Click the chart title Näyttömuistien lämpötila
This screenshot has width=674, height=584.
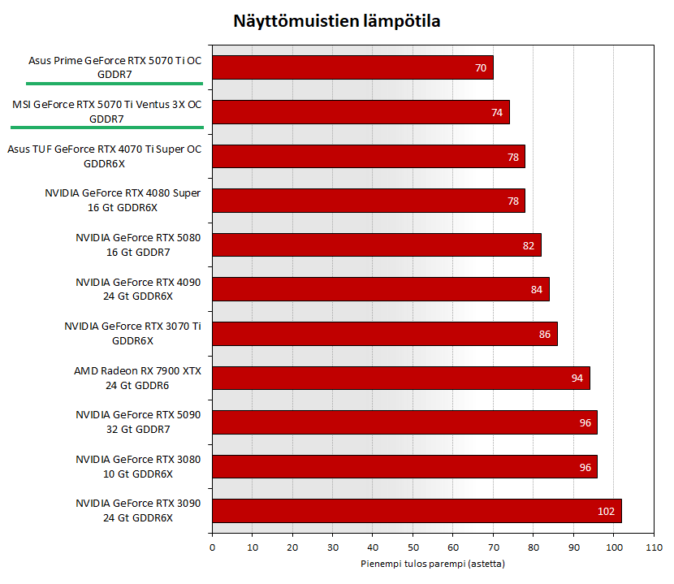click(336, 21)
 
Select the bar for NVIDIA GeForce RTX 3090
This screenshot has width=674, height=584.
click(416, 511)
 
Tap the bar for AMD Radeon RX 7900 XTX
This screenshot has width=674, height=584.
click(400, 378)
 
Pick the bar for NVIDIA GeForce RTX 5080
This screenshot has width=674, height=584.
click(376, 244)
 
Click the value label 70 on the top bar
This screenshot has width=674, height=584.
click(481, 68)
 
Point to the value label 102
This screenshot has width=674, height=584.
click(607, 511)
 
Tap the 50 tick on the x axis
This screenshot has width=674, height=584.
click(413, 547)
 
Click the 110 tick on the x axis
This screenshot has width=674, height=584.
click(653, 547)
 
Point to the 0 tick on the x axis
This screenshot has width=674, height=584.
click(212, 547)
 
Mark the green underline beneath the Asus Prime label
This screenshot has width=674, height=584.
click(114, 83)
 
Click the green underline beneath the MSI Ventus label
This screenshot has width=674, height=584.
click(106, 128)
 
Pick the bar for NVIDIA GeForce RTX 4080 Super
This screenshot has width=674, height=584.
click(368, 201)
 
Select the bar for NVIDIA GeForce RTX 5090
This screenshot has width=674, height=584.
click(404, 422)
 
